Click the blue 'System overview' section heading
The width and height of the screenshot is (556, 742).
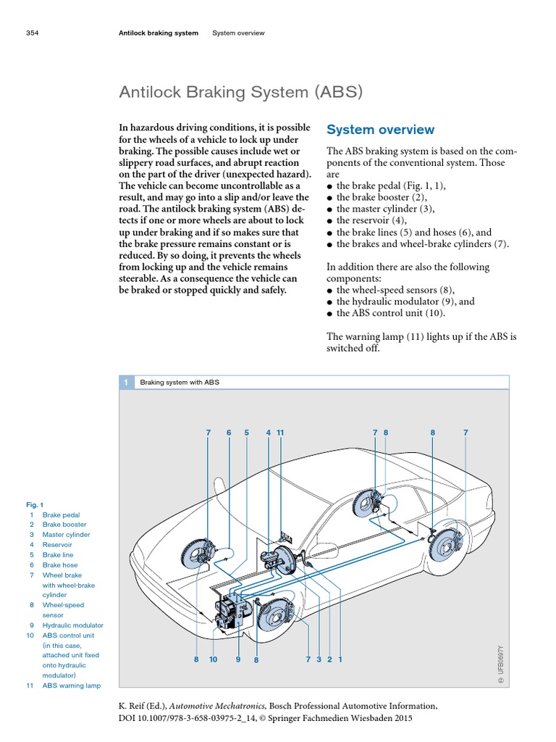coord(380,130)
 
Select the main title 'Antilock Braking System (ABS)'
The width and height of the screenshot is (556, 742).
coord(240,93)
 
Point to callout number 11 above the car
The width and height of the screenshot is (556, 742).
coord(281,433)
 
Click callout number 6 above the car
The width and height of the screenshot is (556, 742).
coord(228,433)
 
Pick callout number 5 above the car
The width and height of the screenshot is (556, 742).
coord(246,433)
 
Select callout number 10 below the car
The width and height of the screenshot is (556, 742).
coord(213,659)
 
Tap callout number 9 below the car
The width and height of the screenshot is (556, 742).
coord(237,659)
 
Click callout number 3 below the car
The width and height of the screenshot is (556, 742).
coord(318,659)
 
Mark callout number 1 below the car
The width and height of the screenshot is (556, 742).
coord(340,659)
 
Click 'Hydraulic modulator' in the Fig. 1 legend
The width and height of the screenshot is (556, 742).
coord(72,625)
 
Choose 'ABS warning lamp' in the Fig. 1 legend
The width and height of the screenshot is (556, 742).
coord(72,685)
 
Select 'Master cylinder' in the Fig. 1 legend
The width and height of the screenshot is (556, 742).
coord(66,535)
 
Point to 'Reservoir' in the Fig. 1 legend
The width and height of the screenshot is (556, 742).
coord(57,545)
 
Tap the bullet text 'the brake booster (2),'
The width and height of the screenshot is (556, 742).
coord(382,197)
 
